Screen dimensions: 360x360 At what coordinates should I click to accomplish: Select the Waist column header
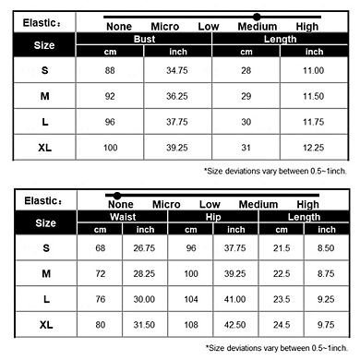[123, 216]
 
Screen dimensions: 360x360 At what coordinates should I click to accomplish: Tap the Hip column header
[211, 216]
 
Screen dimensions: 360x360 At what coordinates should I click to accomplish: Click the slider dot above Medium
[256, 17]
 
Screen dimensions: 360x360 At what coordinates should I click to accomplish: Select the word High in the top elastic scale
[307, 26]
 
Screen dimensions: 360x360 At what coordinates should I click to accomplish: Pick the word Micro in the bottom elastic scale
[166, 205]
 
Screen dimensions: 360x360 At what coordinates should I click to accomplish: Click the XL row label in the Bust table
[44, 147]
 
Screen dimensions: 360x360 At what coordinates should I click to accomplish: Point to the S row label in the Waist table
[44, 248]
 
